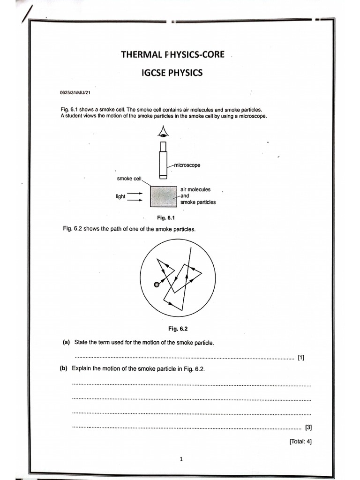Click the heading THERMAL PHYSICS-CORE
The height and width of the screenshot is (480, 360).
coord(172,54)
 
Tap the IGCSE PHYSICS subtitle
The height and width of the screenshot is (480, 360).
coord(172,73)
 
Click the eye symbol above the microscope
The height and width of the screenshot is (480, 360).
coord(163,132)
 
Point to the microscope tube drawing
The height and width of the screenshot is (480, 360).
coord(163,162)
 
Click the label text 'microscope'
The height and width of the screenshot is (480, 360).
coord(187,165)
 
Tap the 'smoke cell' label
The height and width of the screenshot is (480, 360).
coord(129,179)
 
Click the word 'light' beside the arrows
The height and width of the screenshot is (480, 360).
coord(120,196)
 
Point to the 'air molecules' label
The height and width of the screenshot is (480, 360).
coord(195,189)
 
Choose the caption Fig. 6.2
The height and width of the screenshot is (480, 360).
coord(178,329)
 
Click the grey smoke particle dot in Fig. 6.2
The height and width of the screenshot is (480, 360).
coord(157,284)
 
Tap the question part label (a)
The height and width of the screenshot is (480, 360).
coord(66,343)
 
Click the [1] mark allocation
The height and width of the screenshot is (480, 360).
coord(301,358)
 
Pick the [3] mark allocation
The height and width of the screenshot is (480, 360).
coord(308,427)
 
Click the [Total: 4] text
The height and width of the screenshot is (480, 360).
coord(300,441)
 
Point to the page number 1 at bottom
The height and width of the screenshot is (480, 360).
coord(181,459)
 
